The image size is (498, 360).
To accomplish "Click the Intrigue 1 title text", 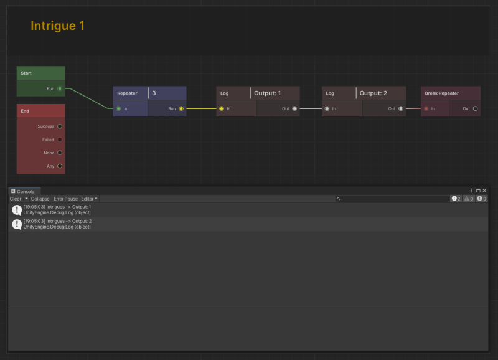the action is pyautogui.click(x=57, y=26).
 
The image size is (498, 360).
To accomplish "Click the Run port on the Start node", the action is pyautogui.click(x=60, y=88).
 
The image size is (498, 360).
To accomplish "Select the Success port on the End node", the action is pyautogui.click(x=60, y=126).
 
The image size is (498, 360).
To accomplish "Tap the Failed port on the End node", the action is pyautogui.click(x=60, y=140).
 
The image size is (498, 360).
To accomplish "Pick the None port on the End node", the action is pyautogui.click(x=60, y=153).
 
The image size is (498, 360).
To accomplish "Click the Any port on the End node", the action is pyautogui.click(x=60, y=166).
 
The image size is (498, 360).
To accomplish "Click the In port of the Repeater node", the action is pyautogui.click(x=118, y=108).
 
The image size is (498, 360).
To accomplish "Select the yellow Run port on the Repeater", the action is pyautogui.click(x=181, y=108).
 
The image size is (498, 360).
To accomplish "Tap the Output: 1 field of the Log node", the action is pyautogui.click(x=275, y=93).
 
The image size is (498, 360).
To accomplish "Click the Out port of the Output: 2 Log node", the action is pyautogui.click(x=401, y=108).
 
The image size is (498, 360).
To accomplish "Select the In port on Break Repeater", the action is pyautogui.click(x=426, y=108).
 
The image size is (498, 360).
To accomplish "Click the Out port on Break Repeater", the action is pyautogui.click(x=475, y=108).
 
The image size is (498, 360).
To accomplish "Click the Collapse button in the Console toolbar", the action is pyautogui.click(x=40, y=199).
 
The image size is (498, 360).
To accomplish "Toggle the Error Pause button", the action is pyautogui.click(x=66, y=199).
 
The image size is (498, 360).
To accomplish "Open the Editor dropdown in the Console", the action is pyautogui.click(x=89, y=199).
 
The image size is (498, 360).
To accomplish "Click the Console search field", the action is pyautogui.click(x=392, y=199).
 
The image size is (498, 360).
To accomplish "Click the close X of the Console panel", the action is pyautogui.click(x=484, y=191).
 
